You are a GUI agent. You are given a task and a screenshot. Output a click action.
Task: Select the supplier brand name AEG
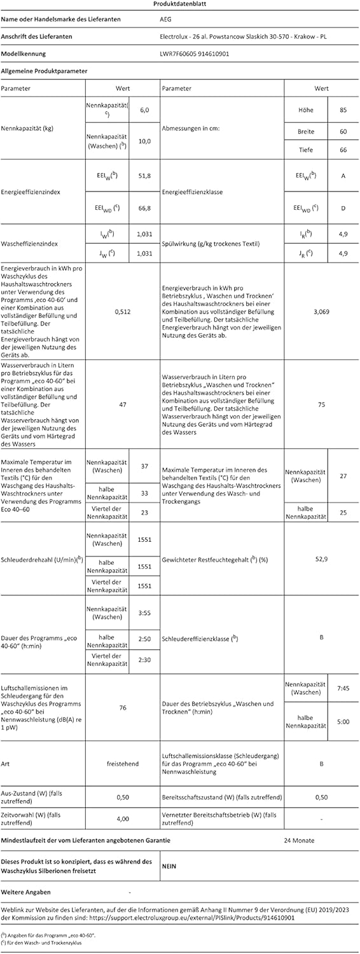(x=165, y=20)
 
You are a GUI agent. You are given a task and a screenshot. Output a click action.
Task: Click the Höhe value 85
(x=343, y=110)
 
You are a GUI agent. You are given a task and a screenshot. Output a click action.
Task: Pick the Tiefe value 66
(x=343, y=149)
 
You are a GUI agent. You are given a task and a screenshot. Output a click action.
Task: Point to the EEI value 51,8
(x=144, y=175)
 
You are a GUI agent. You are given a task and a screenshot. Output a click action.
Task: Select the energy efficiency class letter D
(x=343, y=207)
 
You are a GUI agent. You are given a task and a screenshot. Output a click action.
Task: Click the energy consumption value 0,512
(x=122, y=312)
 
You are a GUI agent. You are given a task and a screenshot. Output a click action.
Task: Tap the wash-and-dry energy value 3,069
(x=321, y=312)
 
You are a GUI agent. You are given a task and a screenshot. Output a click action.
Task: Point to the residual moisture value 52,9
(x=321, y=558)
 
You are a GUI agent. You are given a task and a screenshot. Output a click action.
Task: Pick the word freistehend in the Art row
(x=122, y=763)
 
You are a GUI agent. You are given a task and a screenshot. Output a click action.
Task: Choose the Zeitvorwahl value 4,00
(x=122, y=819)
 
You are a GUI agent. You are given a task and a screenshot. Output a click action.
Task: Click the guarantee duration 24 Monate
(x=299, y=840)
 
